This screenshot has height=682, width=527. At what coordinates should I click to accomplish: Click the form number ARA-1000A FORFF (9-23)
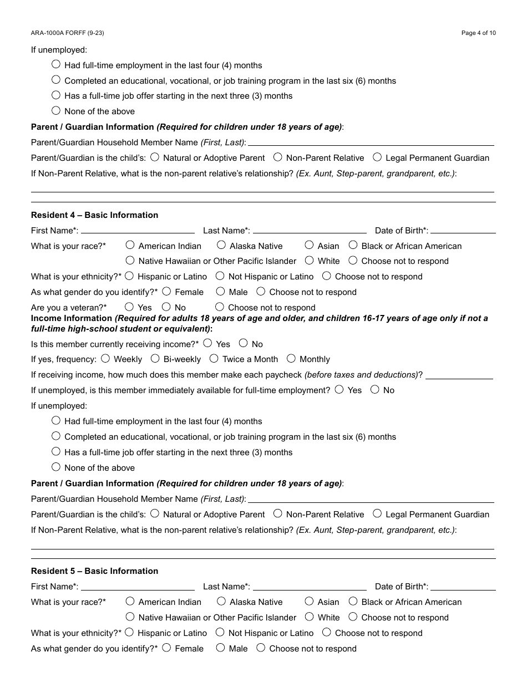click(x=67, y=33)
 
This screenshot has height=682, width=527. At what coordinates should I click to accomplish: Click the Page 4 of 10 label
click(x=479, y=33)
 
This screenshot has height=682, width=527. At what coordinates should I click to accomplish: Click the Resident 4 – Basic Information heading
click(x=94, y=215)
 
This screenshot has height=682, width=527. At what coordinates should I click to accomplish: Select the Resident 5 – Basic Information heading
click(x=94, y=571)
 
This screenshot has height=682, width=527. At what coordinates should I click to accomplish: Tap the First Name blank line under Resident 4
click(x=138, y=232)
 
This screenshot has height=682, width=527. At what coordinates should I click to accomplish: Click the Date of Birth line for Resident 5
click(x=463, y=588)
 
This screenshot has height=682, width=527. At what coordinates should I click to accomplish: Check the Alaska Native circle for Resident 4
click(x=221, y=245)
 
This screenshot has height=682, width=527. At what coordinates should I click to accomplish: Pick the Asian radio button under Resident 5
click(x=309, y=600)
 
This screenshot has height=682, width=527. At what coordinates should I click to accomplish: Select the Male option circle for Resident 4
click(x=221, y=291)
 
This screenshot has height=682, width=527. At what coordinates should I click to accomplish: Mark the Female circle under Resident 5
click(x=166, y=647)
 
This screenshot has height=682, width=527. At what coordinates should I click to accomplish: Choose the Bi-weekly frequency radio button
click(x=155, y=358)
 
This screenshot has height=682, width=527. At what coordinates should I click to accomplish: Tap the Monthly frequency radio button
click(x=291, y=358)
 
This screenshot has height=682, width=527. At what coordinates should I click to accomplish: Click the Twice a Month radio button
click(x=214, y=358)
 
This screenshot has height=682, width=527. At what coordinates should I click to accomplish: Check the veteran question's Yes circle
click(x=130, y=306)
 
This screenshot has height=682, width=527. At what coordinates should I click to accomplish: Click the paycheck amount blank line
click(x=459, y=378)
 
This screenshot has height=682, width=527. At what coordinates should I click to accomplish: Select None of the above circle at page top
click(x=56, y=110)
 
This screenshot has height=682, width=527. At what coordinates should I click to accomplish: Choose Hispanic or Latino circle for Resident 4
click(x=129, y=275)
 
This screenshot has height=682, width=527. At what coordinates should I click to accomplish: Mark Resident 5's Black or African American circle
click(x=353, y=600)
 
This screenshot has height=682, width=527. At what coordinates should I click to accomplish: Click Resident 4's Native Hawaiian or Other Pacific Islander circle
click(x=130, y=260)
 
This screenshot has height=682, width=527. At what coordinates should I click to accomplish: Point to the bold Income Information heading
click(x=72, y=318)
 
